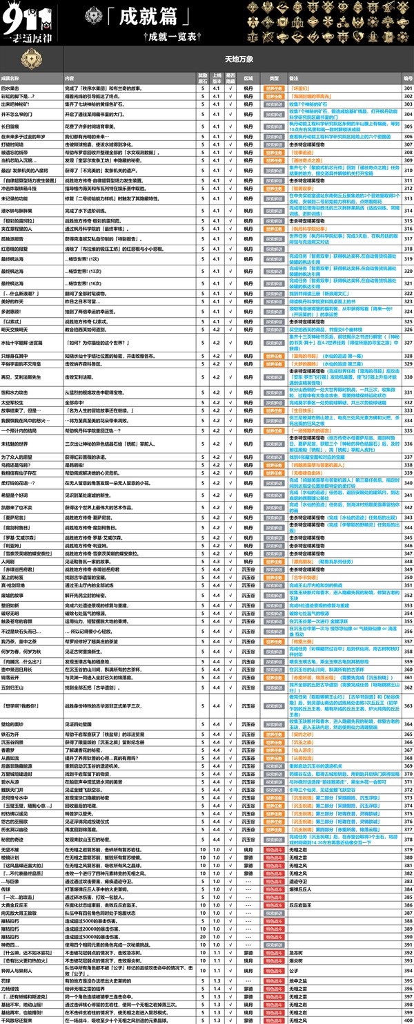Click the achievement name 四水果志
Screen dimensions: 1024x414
[10, 88]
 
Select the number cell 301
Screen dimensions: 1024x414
[407, 88]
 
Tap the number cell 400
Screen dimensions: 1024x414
[407, 1020]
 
